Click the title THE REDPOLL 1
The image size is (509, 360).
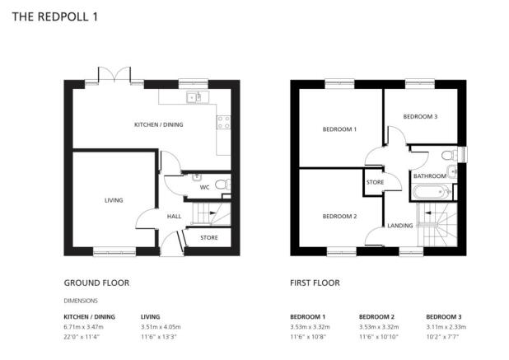click(55, 16)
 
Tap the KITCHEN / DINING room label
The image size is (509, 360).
click(159, 124)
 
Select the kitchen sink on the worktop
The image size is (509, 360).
click(198, 96)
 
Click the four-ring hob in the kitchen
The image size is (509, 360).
click(224, 123)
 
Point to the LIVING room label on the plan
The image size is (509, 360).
click(114, 200)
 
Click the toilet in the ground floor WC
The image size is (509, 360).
click(223, 185)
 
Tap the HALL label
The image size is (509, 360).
click(174, 216)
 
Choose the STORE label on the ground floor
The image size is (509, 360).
click(209, 237)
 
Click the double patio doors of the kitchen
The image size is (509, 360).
click(114, 74)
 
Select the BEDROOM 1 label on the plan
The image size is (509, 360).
click(339, 129)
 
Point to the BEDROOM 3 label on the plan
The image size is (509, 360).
click(420, 116)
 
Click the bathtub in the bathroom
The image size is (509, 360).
click(432, 192)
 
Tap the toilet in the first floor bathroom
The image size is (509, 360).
click(450, 155)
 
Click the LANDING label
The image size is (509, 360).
click(400, 226)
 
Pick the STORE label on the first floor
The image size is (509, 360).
click(376, 182)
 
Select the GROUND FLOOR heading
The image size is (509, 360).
click(96, 283)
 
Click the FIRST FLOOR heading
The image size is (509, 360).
click(315, 283)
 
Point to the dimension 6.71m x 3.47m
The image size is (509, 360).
click(83, 327)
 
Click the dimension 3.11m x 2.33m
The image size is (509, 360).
click(446, 327)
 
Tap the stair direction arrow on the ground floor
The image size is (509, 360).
click(212, 213)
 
